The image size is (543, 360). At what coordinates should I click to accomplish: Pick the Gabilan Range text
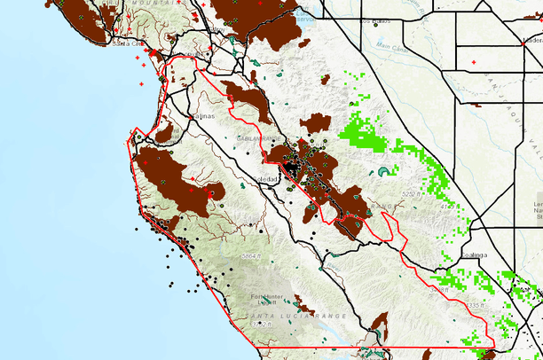coord(260,139)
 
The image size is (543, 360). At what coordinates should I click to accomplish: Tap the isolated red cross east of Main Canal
coord(475,61)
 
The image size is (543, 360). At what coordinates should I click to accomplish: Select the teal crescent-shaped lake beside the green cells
coord(383,172)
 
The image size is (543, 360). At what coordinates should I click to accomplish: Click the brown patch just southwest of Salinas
coord(165,133)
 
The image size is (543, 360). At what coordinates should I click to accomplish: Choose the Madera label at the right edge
coord(531,40)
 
